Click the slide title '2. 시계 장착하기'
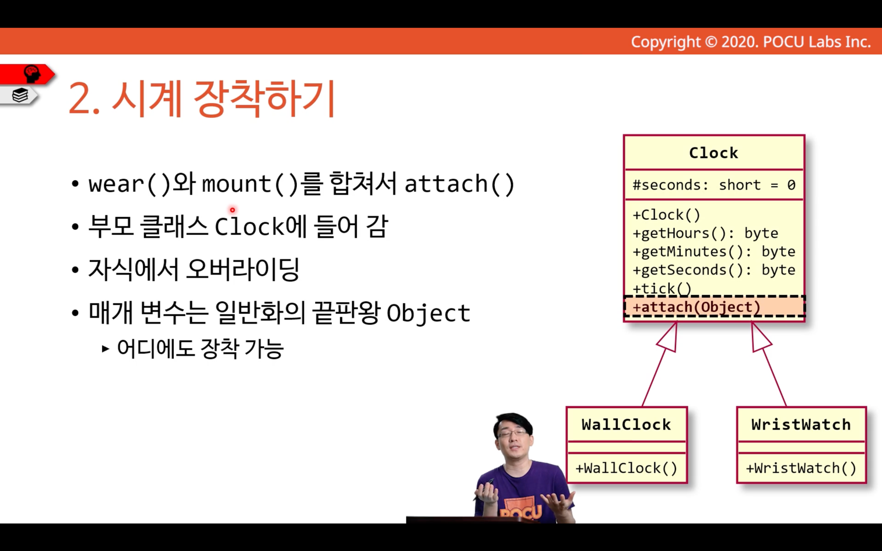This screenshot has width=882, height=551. tap(201, 99)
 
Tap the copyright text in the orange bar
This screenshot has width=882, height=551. tap(751, 42)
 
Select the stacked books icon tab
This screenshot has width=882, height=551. tap(20, 95)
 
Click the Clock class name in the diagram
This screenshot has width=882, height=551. tap(713, 153)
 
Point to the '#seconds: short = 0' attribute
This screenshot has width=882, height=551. tap(714, 185)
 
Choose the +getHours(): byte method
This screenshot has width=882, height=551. tap(705, 233)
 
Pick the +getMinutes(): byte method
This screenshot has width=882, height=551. tap(714, 251)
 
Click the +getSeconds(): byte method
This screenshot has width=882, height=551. tap(714, 270)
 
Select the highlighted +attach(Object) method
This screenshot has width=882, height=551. tap(696, 307)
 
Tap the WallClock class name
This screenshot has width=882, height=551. tap(626, 424)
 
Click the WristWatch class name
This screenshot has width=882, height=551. tap(801, 424)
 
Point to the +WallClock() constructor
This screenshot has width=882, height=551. tap(626, 468)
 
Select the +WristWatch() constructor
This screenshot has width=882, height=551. tap(801, 468)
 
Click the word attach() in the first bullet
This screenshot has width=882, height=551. tap(460, 184)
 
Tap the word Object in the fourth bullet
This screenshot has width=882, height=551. tap(428, 314)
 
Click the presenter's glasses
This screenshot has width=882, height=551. tap(513, 433)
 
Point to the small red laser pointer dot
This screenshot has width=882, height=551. tap(233, 210)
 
